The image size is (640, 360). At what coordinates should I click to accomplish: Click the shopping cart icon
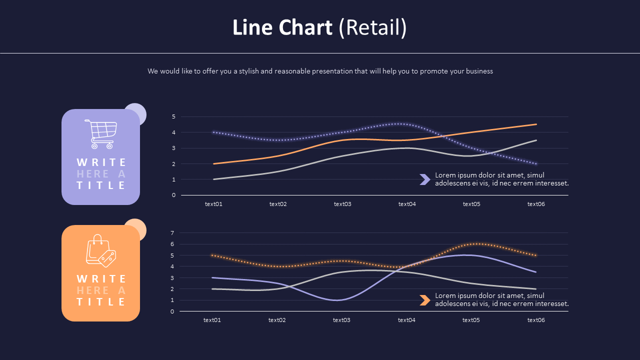click(101, 134)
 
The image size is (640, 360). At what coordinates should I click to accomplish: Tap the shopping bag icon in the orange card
click(100, 250)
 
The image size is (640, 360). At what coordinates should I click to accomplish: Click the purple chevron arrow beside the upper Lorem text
click(424, 179)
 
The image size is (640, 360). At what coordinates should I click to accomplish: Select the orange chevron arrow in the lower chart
click(424, 300)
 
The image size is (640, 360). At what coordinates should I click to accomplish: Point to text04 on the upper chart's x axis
click(407, 204)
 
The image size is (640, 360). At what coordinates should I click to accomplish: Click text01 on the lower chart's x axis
click(212, 320)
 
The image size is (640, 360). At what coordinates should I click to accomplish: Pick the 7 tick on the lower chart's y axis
click(172, 233)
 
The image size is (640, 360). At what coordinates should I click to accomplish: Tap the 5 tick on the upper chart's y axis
click(173, 116)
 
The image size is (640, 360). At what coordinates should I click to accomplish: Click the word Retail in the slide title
click(372, 28)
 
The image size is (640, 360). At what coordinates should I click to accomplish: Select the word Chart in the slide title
click(305, 28)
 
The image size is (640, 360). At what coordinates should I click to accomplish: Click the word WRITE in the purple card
click(101, 162)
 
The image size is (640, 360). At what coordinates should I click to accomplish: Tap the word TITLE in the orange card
click(101, 302)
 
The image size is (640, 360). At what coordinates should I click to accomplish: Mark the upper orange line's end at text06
click(536, 124)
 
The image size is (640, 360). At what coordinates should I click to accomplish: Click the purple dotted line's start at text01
click(213, 132)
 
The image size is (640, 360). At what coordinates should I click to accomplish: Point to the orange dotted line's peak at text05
click(476, 244)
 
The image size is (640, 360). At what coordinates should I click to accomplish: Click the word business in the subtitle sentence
click(479, 71)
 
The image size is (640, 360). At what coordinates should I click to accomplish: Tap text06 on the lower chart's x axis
click(536, 320)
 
